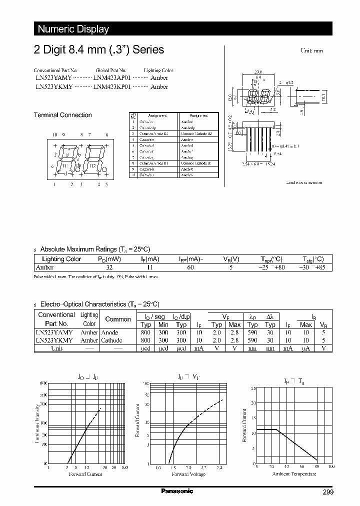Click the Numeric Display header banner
click(x=73, y=29)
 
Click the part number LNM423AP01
click(x=111, y=78)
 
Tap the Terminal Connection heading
click(x=62, y=115)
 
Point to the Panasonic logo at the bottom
click(x=177, y=491)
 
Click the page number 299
click(x=327, y=492)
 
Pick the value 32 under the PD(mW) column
click(x=109, y=267)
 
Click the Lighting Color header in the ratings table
click(x=61, y=259)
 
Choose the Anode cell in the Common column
click(x=109, y=332)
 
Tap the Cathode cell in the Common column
click(x=112, y=340)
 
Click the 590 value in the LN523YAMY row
click(x=252, y=332)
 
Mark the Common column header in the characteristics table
click(x=118, y=319)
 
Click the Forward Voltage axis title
click(x=188, y=474)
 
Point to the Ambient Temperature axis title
click(x=294, y=473)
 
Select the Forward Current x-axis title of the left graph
click(x=85, y=474)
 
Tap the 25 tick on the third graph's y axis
click(x=253, y=388)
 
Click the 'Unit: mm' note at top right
click(x=311, y=51)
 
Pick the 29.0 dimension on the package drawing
click(x=258, y=72)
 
